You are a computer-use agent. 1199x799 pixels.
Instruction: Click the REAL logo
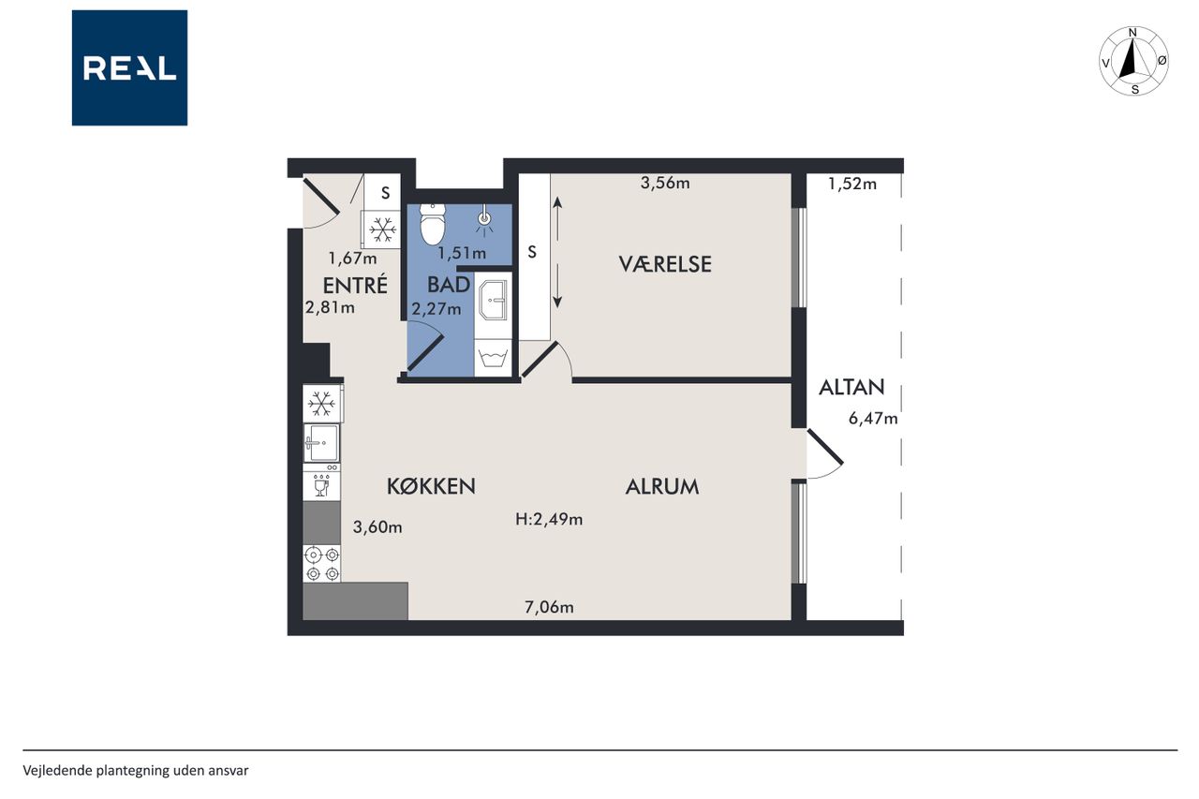129,68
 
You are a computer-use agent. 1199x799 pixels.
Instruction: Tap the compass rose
1133,61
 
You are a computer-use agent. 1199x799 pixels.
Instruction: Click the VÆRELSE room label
665,264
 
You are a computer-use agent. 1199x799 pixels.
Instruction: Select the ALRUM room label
662,486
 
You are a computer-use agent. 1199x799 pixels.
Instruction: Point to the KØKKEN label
431,486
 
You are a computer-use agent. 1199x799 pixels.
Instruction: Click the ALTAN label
851,387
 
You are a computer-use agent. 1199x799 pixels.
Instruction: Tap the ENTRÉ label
355,285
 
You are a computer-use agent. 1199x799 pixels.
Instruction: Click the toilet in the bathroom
433,224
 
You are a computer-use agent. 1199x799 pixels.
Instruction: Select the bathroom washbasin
493,301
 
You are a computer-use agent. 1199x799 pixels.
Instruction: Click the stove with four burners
321,564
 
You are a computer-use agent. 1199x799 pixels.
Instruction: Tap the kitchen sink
321,442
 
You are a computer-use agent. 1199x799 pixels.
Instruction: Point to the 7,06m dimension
549,607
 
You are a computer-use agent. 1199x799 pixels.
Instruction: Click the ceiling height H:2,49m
549,519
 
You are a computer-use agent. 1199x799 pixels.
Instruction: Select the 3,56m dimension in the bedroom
665,183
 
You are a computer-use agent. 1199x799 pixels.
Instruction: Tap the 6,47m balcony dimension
873,418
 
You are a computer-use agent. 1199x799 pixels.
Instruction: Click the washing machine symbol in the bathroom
493,359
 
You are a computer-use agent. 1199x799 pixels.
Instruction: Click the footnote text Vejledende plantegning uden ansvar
136,771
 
